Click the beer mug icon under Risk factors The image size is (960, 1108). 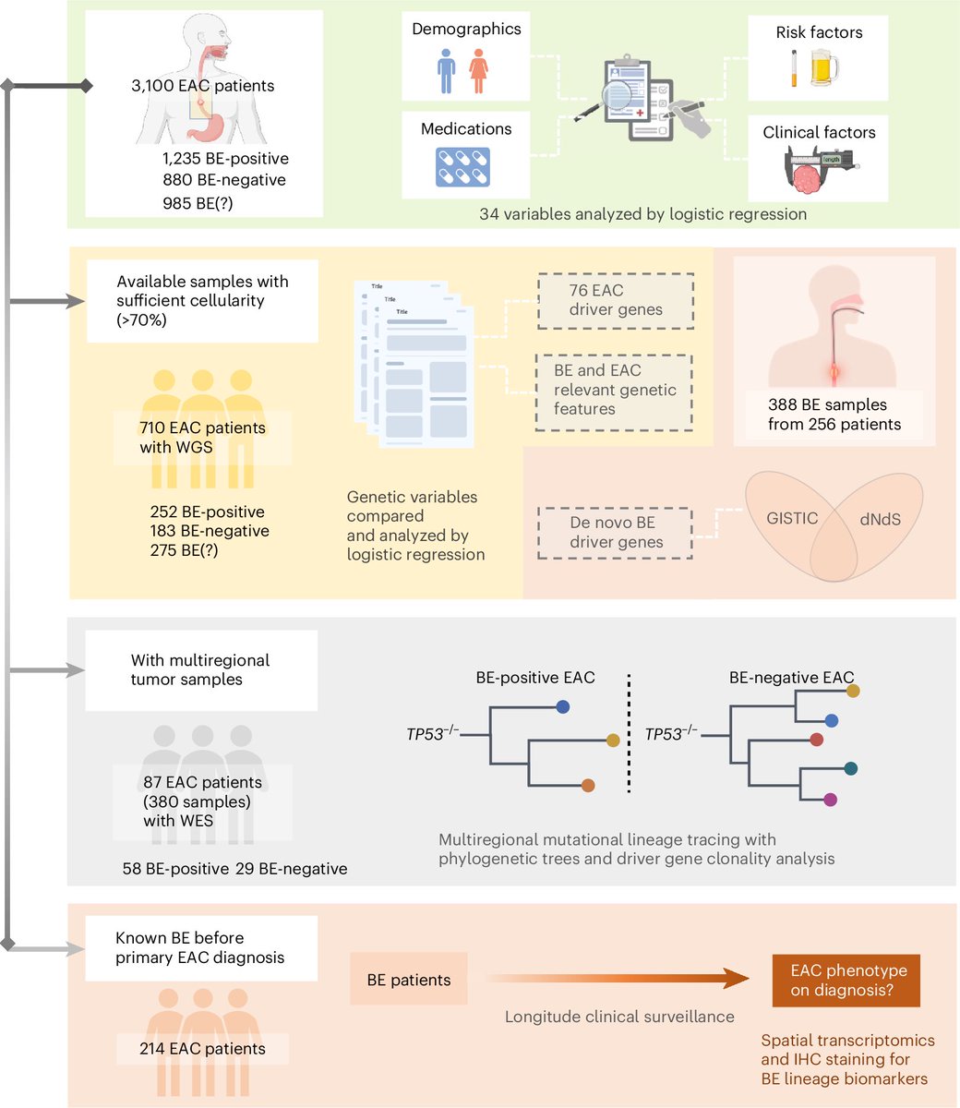tap(824, 67)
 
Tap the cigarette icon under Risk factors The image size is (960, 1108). tap(795, 68)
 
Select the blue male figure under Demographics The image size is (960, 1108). tap(446, 71)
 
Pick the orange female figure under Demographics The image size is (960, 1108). tap(479, 71)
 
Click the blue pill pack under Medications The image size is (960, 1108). tap(462, 167)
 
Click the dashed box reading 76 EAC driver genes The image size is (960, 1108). tap(616, 301)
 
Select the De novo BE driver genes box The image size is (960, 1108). tap(616, 533)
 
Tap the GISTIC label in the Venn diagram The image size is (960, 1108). tap(792, 518)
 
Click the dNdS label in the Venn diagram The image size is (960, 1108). tap(880, 520)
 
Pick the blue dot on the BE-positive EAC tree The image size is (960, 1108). tap(563, 706)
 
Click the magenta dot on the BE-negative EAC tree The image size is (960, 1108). tap(830, 801)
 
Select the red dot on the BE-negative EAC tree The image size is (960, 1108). tap(816, 740)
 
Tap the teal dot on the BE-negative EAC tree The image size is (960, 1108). tap(851, 769)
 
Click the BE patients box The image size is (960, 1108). tap(408, 980)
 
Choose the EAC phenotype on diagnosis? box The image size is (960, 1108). tap(846, 981)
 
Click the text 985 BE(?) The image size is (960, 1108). tap(198, 203)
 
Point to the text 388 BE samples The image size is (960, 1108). tap(828, 404)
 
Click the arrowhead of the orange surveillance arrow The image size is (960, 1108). tap(736, 979)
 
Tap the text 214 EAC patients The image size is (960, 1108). tap(202, 1049)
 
